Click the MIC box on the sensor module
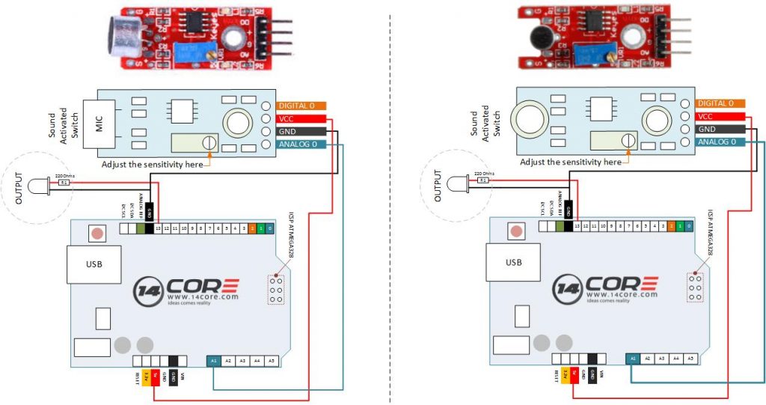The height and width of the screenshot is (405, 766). tap(99, 124)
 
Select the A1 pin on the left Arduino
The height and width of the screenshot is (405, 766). tap(214, 360)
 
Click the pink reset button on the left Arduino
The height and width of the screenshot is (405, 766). tap(96, 233)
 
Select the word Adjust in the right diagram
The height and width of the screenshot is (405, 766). tap(533, 162)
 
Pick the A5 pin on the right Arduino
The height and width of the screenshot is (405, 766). tap(690, 359)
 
